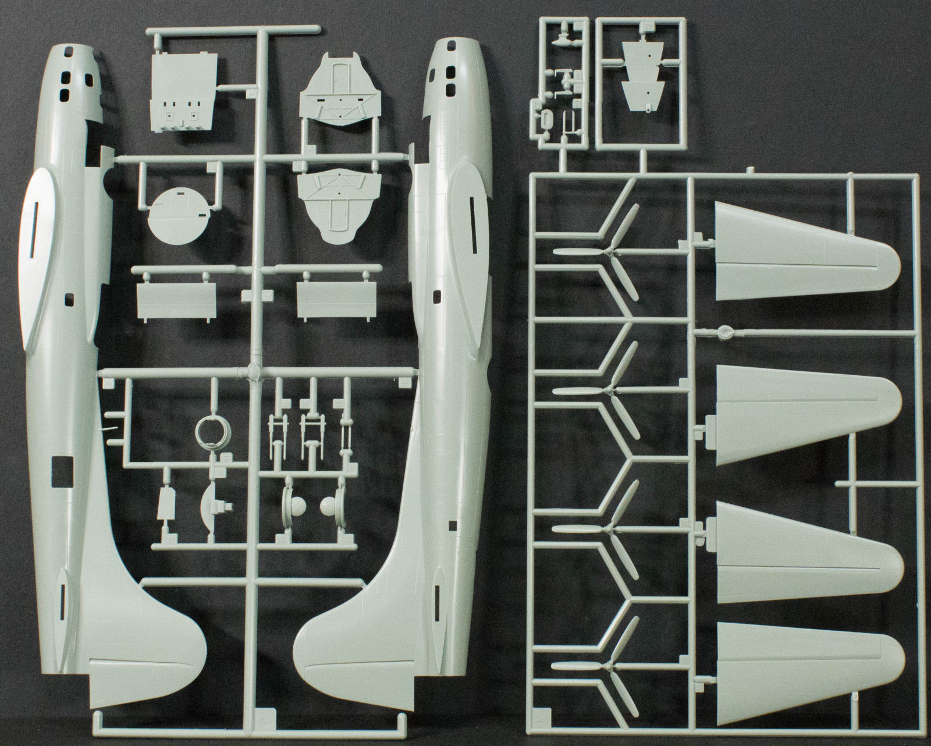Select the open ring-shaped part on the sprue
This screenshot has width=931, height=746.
click(209, 431)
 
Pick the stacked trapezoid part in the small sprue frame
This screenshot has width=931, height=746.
click(643, 76)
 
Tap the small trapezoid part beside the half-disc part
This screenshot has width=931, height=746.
click(167, 502)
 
